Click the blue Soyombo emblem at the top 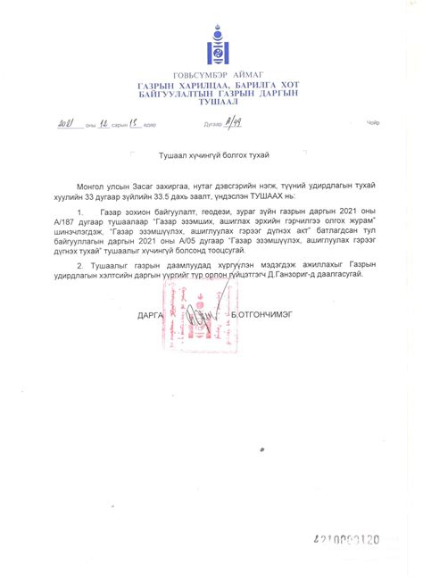pos(212,46)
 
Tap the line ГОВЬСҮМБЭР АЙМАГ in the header pos(211,75)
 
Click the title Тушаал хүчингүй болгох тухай pos(211,154)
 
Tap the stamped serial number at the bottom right pos(347,540)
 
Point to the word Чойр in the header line pos(372,125)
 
